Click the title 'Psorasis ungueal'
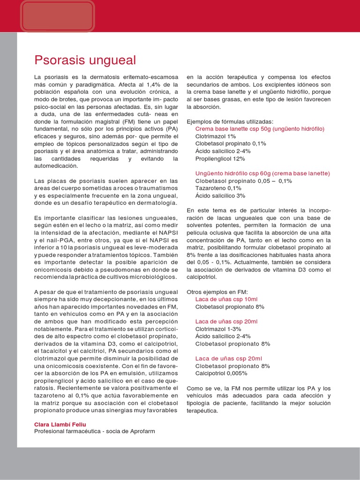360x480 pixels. point(85,60)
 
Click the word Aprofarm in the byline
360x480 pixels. point(139,431)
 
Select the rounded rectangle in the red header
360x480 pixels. point(58,15)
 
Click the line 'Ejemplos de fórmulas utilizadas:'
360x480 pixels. point(230,121)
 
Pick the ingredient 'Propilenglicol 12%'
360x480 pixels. point(220,158)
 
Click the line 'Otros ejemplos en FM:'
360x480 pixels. point(217,292)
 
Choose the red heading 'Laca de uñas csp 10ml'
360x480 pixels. point(226,299)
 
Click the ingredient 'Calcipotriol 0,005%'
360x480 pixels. point(221,373)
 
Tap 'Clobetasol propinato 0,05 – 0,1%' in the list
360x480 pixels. point(243,180)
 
